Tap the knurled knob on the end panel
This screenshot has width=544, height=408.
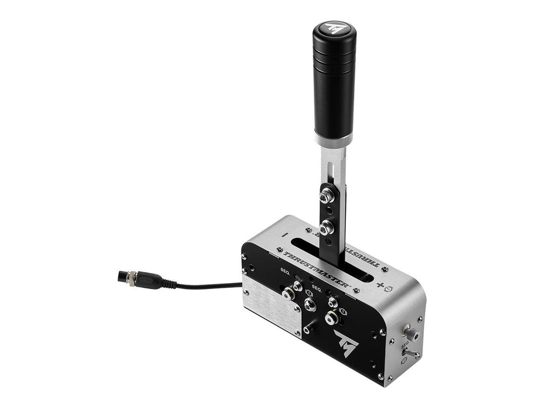[x=413, y=335]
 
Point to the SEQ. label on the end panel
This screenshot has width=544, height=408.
[x=406, y=345]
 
